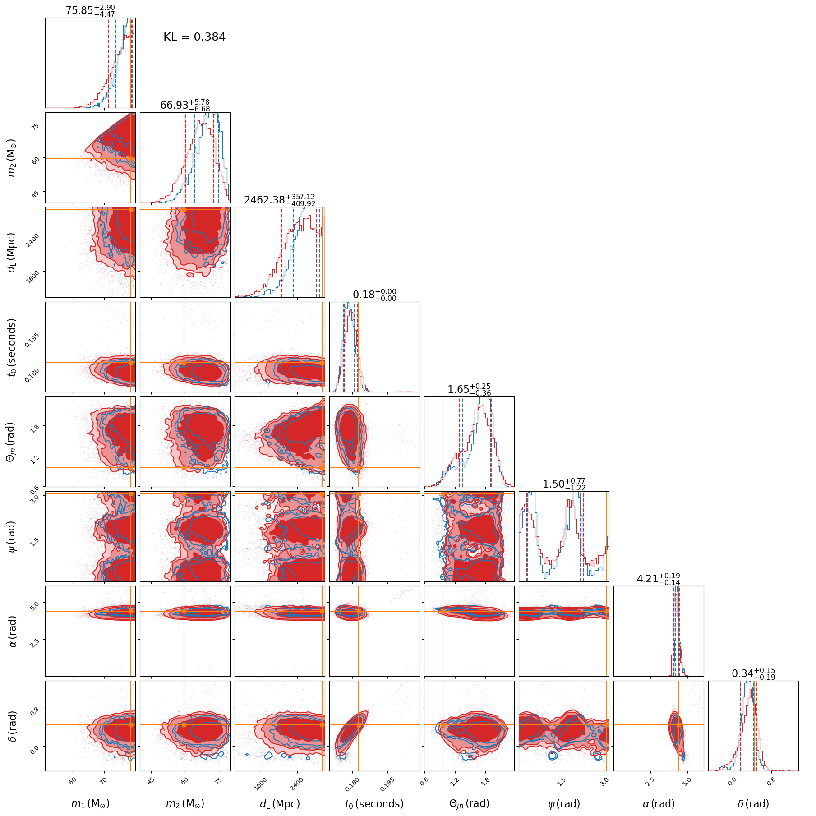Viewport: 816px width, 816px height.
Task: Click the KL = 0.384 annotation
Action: [x=194, y=37]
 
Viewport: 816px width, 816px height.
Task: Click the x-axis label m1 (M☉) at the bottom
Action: [x=90, y=803]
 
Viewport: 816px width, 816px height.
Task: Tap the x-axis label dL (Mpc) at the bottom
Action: [x=280, y=803]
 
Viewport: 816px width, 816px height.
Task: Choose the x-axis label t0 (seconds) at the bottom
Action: [x=374, y=803]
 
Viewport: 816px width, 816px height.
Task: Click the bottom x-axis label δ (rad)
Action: [x=753, y=803]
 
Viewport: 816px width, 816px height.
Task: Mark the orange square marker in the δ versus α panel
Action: [x=678, y=725]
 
